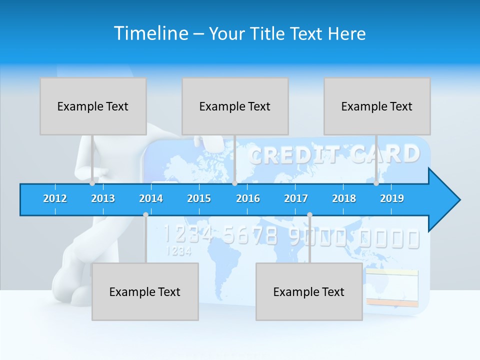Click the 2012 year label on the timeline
click(55, 198)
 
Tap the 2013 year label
click(103, 198)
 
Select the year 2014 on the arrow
click(151, 198)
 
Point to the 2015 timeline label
click(199, 198)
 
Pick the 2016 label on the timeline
click(248, 198)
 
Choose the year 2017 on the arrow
click(296, 198)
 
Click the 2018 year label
click(344, 198)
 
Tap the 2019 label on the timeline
click(392, 198)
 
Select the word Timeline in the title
click(150, 33)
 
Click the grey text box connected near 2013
click(93, 106)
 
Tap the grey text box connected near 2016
click(235, 106)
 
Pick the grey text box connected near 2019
click(377, 106)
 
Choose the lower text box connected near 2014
click(145, 292)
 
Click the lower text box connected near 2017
click(309, 292)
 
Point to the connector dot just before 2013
click(92, 183)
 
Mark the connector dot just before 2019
click(376, 183)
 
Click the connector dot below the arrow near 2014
click(145, 215)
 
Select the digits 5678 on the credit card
click(250, 235)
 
